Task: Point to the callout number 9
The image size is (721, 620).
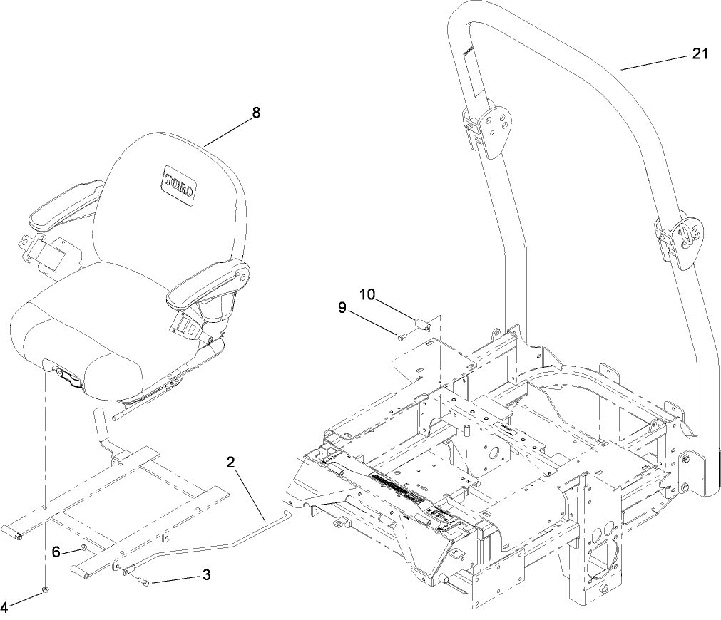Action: click(x=342, y=308)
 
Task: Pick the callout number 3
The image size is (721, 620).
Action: click(x=206, y=575)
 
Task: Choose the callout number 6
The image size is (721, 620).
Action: click(x=56, y=552)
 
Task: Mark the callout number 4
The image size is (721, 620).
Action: click(x=4, y=608)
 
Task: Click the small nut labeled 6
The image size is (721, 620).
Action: click(x=84, y=547)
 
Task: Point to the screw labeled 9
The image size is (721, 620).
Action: click(x=402, y=337)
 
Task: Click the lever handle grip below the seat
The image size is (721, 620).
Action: click(x=101, y=425)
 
